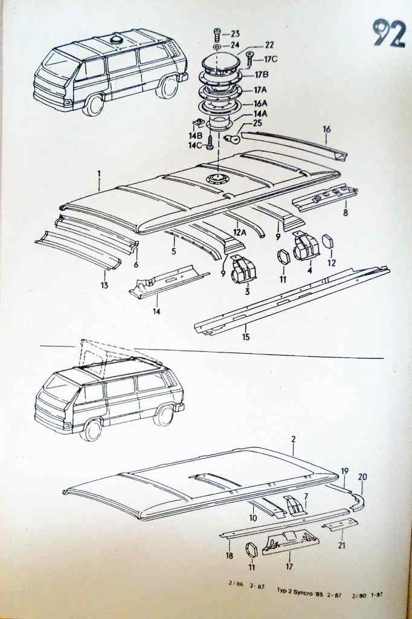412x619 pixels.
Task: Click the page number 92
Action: [x=388, y=33]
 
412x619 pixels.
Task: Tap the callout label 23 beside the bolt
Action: [x=235, y=34]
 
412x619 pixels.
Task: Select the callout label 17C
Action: [x=269, y=59]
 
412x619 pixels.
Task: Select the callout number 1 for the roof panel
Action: [x=98, y=173]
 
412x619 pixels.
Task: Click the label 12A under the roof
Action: [x=240, y=232]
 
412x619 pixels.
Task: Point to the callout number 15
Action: [x=245, y=337]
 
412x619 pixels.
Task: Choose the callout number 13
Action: [x=105, y=285]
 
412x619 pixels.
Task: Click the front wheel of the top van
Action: [x=94, y=104]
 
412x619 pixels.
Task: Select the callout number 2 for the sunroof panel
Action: [x=293, y=441]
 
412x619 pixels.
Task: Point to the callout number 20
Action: [x=362, y=477]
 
